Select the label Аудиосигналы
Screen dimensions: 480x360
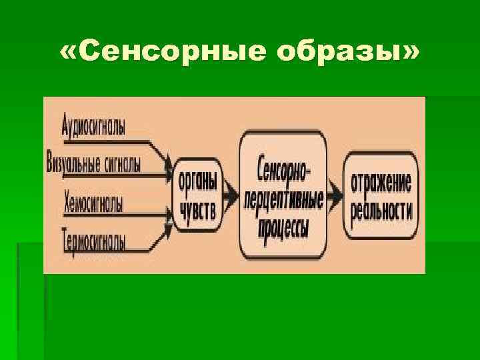tap(93, 125)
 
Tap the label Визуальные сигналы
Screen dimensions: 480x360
tap(94, 163)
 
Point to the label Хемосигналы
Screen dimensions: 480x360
tap(93, 202)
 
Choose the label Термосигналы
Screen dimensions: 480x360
tap(93, 239)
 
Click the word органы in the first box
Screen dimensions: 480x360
tap(197, 182)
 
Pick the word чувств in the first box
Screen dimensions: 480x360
tap(197, 211)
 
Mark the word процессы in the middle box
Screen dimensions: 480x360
tap(283, 229)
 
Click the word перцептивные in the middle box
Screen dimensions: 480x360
tap(283, 199)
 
